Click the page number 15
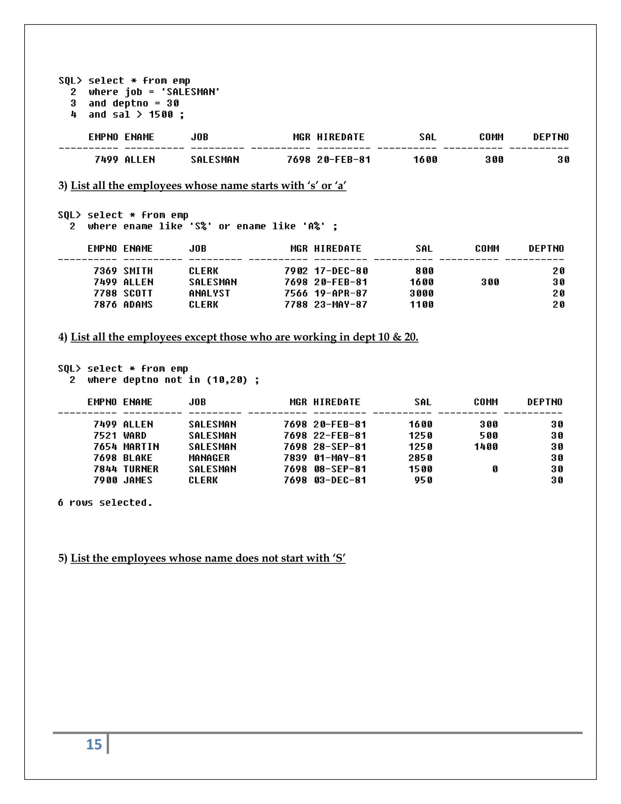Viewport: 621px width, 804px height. click(x=94, y=744)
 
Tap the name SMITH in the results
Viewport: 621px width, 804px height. click(x=138, y=271)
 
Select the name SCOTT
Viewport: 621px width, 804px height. click(x=138, y=293)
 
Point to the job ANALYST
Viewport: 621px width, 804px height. click(x=209, y=293)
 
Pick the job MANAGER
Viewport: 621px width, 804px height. click(x=209, y=458)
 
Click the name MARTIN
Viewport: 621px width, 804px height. click(x=141, y=447)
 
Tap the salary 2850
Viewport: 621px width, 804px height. click(x=421, y=458)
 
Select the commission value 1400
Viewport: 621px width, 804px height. click(x=486, y=447)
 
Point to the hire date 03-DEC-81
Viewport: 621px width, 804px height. click(x=340, y=480)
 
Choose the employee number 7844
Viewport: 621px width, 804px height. click(x=105, y=469)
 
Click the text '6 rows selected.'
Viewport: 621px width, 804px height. click(x=105, y=503)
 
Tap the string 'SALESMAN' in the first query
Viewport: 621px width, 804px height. click(x=190, y=92)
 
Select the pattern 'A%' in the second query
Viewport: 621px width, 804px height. click(x=314, y=226)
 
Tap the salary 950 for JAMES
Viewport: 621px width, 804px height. click(x=423, y=480)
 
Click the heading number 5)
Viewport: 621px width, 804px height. click(x=62, y=558)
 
